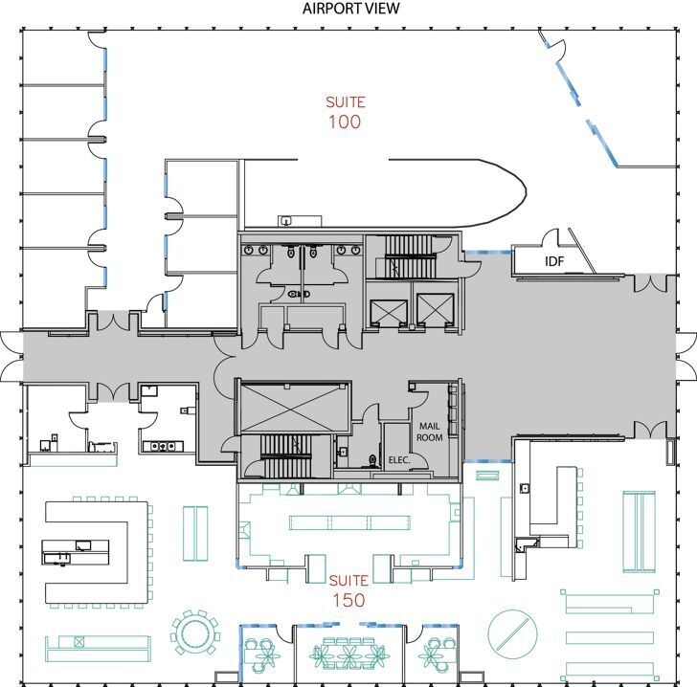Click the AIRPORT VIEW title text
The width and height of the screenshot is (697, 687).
350,10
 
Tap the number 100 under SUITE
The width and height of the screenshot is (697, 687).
345,122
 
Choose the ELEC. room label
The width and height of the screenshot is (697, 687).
399,460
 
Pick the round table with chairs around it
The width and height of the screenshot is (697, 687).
194,631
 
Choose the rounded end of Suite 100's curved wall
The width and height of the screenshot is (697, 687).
517,191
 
